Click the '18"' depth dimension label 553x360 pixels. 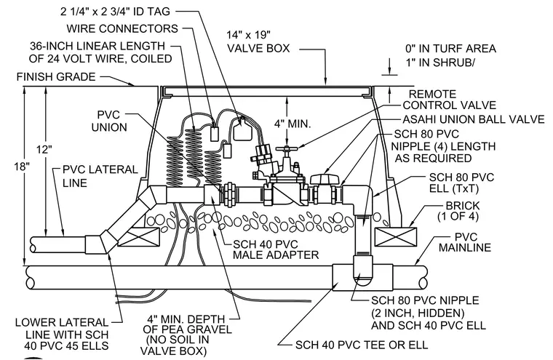[22, 166]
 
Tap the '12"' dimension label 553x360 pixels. [44, 149]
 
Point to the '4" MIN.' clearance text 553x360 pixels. [293, 124]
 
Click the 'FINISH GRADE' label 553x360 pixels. [56, 76]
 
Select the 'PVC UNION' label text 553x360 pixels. [109, 121]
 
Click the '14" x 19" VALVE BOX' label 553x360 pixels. [258, 41]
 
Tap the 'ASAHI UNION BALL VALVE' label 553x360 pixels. [474, 119]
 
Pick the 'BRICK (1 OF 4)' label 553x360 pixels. [458, 211]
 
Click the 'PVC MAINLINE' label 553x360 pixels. [465, 242]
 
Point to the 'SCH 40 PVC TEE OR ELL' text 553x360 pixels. [362, 345]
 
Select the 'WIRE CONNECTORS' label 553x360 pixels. [122, 28]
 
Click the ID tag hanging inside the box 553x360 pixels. [242, 129]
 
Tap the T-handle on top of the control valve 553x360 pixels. [287, 150]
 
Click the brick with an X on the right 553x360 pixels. [395, 237]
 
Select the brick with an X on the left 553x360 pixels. [138, 237]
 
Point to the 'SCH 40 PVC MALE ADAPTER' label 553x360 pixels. [276, 249]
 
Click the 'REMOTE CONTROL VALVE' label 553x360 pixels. [450, 100]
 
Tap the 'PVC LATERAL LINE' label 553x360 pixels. [100, 176]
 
